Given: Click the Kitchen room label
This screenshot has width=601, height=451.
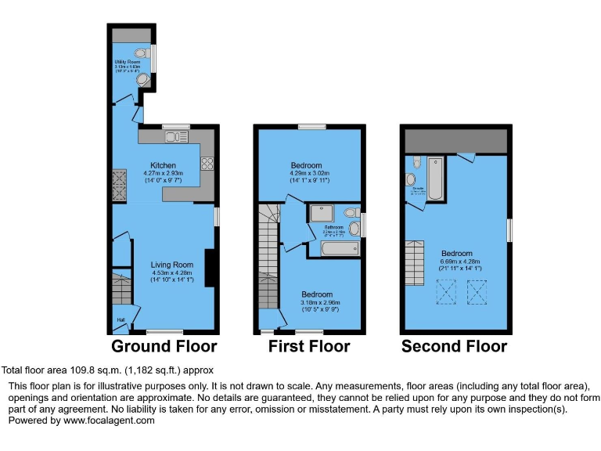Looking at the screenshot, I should [163, 165].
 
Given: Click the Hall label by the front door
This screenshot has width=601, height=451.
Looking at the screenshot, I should [121, 319].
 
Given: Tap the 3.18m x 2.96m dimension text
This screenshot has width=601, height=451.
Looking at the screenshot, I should [315, 303].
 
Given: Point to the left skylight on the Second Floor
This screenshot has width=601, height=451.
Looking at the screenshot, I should [447, 294].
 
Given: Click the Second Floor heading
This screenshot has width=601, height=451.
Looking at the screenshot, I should [454, 346].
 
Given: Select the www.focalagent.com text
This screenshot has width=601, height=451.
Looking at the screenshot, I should [110, 420].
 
